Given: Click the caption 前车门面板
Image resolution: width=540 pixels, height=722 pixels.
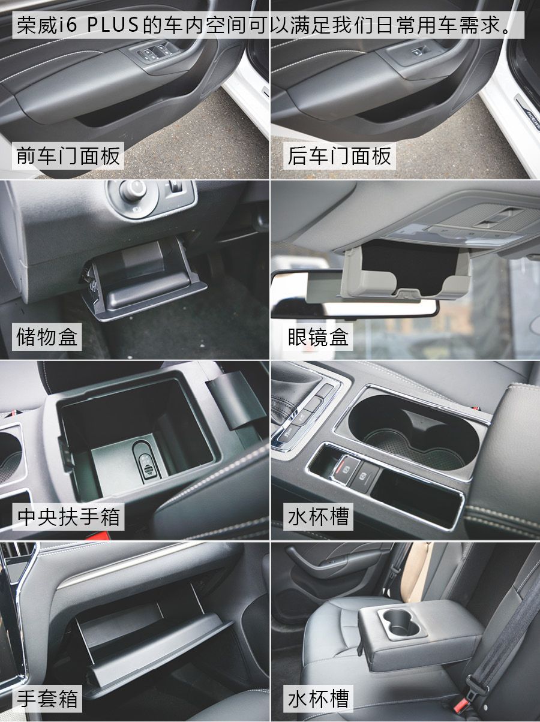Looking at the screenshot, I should click(x=68, y=156).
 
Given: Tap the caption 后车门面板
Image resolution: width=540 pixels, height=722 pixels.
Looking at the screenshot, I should click(x=340, y=156).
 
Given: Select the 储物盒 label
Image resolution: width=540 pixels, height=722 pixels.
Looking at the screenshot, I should click(x=47, y=337).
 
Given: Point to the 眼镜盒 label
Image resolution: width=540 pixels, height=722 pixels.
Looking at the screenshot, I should click(x=318, y=337).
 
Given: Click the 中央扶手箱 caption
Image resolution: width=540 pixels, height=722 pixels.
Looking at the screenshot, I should click(x=68, y=517).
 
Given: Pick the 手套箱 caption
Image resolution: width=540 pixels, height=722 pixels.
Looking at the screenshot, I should click(x=47, y=699).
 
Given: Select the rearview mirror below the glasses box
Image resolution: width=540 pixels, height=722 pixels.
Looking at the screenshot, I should click(x=354, y=294).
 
